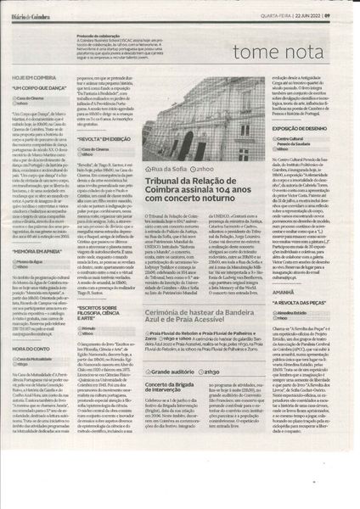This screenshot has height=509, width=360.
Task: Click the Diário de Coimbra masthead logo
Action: pyautogui.click(x=34, y=10)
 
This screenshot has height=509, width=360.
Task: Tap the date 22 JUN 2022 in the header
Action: pyautogui.click(x=318, y=10)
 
